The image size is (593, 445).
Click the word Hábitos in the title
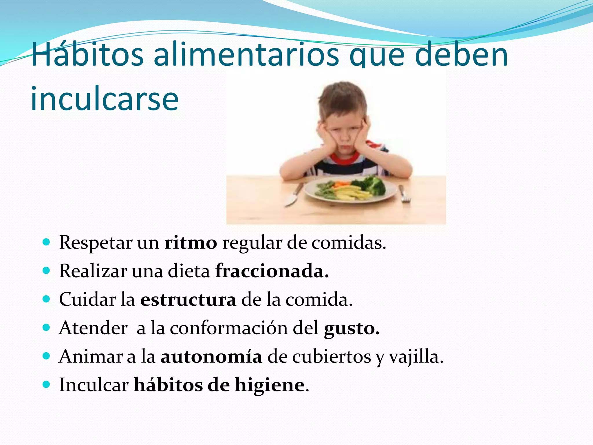point(87,55)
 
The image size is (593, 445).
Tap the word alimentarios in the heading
point(246,55)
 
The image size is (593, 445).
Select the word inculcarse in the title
point(105,99)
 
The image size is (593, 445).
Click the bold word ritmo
point(191,243)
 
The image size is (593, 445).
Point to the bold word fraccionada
point(272,271)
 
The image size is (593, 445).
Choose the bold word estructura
point(188,300)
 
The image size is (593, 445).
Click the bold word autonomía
point(211,356)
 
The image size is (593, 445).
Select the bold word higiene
point(270,385)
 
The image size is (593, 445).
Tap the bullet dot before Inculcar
point(46,384)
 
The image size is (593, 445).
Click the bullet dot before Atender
point(46,328)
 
